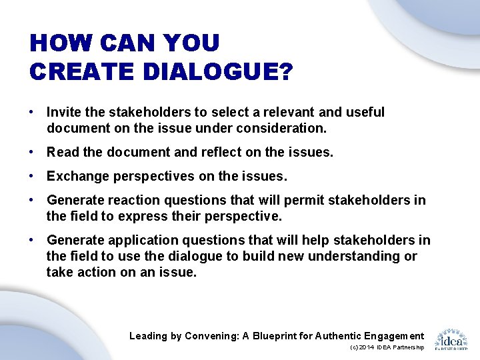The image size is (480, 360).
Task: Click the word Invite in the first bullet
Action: pyautogui.click(x=62, y=113)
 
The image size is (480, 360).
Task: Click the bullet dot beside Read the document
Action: pyautogui.click(x=32, y=152)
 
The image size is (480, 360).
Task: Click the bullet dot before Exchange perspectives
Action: pyautogui.click(x=32, y=177)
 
